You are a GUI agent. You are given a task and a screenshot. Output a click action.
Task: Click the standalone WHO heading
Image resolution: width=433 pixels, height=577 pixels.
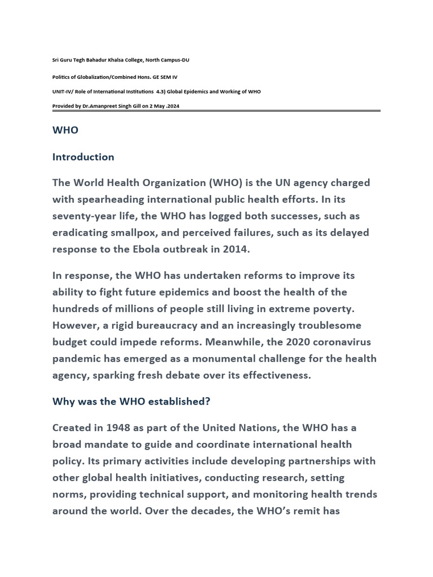pyautogui.click(x=65, y=130)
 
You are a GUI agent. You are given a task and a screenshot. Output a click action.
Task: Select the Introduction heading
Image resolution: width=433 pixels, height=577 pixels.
pyautogui.click(x=83, y=157)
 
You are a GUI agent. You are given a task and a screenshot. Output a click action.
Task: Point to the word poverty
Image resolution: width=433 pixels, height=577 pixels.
pyautogui.click(x=334, y=309)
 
